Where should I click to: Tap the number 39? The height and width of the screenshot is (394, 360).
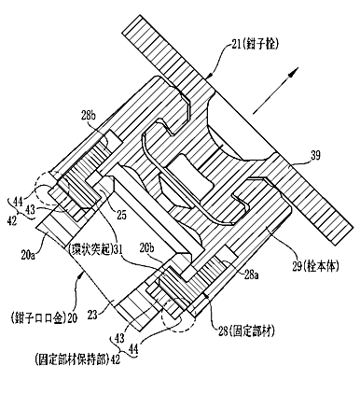(314, 155)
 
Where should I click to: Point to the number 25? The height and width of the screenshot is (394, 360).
(121, 215)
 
